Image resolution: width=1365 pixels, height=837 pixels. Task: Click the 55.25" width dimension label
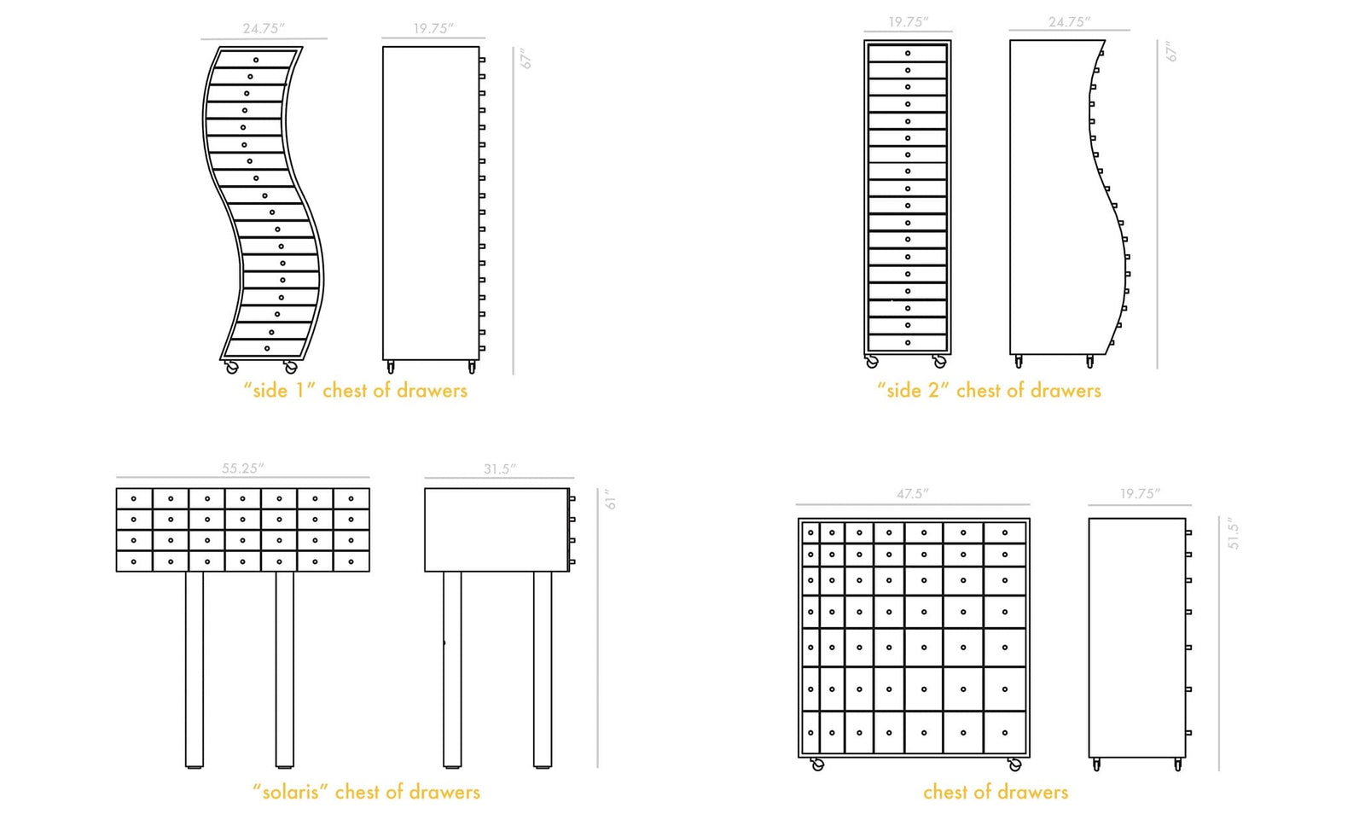pos(242,468)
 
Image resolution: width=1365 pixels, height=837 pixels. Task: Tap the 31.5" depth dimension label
pos(499,469)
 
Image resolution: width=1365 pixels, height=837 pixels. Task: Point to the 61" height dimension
pos(610,499)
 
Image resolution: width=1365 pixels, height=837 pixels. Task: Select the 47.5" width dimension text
pos(912,494)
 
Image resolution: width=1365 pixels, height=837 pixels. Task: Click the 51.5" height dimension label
pos(1233,532)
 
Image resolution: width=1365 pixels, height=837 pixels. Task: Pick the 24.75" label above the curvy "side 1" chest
pos(263,29)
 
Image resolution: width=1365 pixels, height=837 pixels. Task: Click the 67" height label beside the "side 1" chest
pos(526,58)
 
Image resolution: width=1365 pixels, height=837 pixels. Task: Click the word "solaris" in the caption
pos(290,792)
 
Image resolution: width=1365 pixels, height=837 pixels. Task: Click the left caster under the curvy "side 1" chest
pos(232,367)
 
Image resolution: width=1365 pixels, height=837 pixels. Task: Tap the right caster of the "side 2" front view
pos(939,362)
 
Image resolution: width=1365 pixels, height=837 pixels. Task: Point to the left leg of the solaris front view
pos(195,669)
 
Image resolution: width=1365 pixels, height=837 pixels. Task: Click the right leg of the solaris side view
pos(543,669)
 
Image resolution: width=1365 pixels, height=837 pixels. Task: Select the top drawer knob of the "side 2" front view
pos(908,53)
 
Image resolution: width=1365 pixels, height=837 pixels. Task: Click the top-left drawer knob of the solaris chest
pos(134,498)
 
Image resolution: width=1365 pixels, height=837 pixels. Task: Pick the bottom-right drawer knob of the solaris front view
pos(351,561)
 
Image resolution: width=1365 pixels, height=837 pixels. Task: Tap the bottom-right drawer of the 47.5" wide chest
pos(1005,733)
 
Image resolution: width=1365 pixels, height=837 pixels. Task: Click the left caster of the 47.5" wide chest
pos(817,764)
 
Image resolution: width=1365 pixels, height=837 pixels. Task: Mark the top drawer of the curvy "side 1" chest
pos(256,58)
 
